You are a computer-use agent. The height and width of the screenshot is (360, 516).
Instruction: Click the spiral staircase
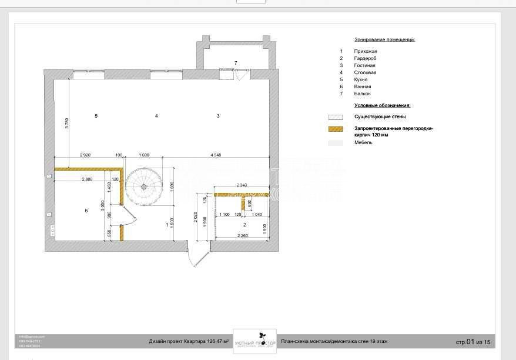143,186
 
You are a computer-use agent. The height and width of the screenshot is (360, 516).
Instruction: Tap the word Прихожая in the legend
366,51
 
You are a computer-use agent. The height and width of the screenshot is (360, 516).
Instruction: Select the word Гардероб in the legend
366,58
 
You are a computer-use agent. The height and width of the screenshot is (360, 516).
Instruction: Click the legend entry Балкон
363,94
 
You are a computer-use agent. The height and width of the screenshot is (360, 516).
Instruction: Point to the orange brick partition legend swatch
336,128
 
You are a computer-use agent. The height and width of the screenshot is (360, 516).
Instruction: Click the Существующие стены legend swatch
336,116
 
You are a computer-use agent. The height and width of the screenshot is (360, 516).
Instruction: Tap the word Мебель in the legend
363,142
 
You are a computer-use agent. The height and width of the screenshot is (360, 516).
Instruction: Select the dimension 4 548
220,155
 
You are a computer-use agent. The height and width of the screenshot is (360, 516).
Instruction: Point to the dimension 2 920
85,155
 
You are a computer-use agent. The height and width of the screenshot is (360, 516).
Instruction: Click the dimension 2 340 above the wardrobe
243,185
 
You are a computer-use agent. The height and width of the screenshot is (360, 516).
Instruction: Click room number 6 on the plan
86,210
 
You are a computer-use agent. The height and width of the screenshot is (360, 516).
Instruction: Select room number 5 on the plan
96,116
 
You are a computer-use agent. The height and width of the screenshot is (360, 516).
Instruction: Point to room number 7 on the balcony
236,62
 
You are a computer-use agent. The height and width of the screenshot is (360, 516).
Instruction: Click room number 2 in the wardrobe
244,225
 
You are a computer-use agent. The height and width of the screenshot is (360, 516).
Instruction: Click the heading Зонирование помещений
384,39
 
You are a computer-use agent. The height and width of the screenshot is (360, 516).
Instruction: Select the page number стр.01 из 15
473,342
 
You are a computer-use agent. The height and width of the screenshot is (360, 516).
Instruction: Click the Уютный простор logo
254,341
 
